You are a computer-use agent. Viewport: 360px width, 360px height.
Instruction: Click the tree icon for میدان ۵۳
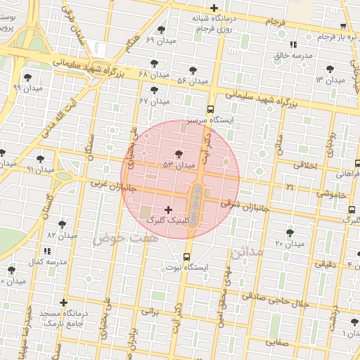[179, 153]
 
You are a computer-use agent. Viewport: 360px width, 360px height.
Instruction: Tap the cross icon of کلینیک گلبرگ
[167, 210]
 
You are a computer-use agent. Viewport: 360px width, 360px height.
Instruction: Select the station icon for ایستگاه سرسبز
[210, 109]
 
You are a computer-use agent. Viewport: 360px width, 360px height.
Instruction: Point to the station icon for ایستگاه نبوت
[186, 257]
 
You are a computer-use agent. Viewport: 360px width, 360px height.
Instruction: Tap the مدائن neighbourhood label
[245, 251]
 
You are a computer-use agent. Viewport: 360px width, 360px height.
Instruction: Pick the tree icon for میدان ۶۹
[162, 30]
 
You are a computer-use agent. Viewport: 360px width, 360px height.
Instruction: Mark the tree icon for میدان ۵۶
[193, 70]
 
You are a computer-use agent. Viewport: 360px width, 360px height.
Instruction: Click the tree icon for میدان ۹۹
[27, 77]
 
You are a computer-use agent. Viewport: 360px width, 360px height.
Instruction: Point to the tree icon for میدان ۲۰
[290, 232]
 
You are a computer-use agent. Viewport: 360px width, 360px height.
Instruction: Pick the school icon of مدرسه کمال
[47, 250]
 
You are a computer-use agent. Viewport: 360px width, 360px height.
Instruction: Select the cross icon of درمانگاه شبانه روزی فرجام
[214, 8]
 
